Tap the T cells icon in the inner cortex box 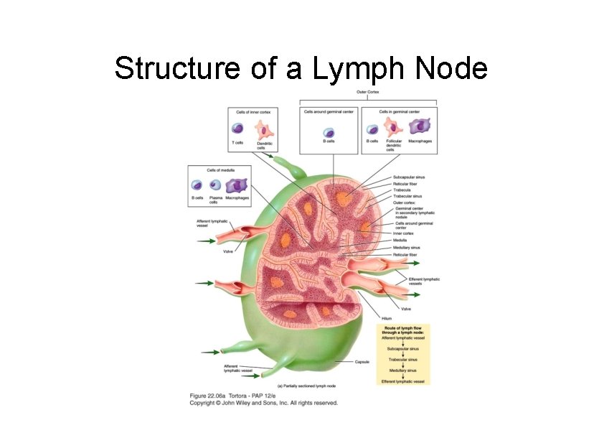coord(237,129)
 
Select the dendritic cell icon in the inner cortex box coord(265,130)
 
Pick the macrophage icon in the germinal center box coord(419,127)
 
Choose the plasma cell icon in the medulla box coord(214,185)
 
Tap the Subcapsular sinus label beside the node coord(410,177)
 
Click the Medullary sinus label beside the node coord(407,248)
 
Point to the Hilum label coord(387,318)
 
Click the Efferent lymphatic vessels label coord(424,281)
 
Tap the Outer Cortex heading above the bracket coord(367,93)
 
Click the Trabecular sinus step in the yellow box coord(402,359)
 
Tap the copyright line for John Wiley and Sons coord(263,403)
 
